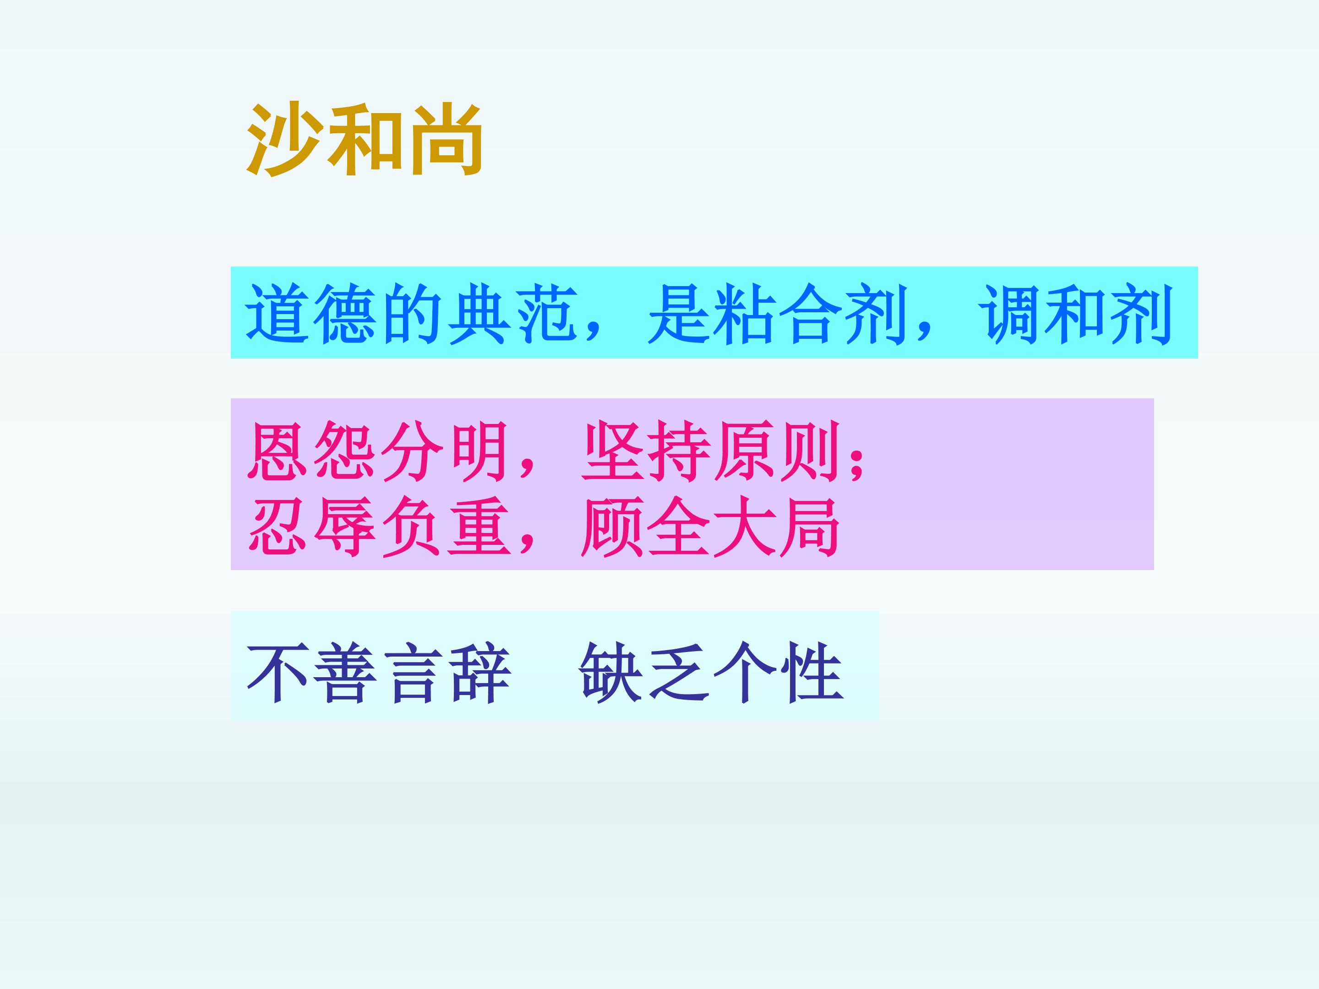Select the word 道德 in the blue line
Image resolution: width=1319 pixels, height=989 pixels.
[x=311, y=314]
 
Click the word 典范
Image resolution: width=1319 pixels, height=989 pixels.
[x=512, y=314]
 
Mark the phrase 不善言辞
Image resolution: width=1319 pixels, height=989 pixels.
[x=379, y=673]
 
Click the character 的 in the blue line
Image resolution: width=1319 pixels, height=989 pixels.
[x=411, y=314]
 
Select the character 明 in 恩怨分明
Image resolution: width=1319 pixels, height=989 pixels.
[x=478, y=451]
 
